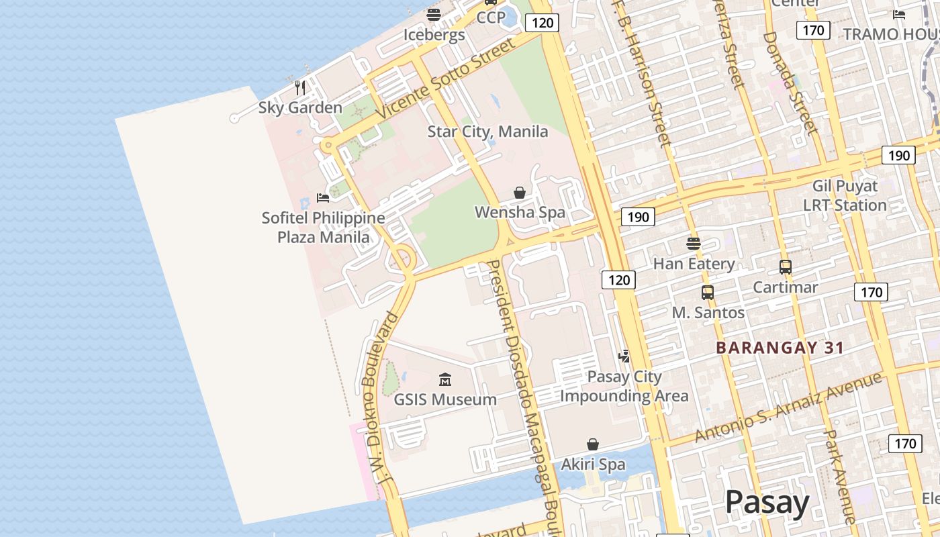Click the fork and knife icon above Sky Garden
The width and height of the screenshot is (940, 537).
(x=300, y=87)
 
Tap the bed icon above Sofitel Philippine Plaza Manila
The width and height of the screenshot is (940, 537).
(x=323, y=198)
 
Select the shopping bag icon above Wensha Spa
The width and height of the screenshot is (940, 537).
(x=520, y=193)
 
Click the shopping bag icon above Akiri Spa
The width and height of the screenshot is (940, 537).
(x=593, y=444)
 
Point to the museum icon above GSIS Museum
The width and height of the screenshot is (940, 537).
(x=444, y=380)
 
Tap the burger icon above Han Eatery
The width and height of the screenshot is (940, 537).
(x=694, y=243)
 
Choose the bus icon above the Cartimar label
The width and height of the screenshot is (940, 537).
(x=786, y=267)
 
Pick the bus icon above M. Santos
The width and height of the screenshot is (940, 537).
(x=708, y=293)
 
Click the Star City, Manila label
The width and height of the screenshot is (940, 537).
(x=487, y=132)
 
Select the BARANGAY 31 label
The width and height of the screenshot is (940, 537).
(x=780, y=348)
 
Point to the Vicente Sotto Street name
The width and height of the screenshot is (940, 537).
(x=446, y=78)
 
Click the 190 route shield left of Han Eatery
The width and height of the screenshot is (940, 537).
(x=638, y=217)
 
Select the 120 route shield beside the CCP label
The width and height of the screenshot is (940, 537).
(x=542, y=23)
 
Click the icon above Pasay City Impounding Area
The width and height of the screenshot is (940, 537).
(x=624, y=356)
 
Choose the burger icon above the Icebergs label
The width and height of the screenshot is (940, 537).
(x=434, y=14)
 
